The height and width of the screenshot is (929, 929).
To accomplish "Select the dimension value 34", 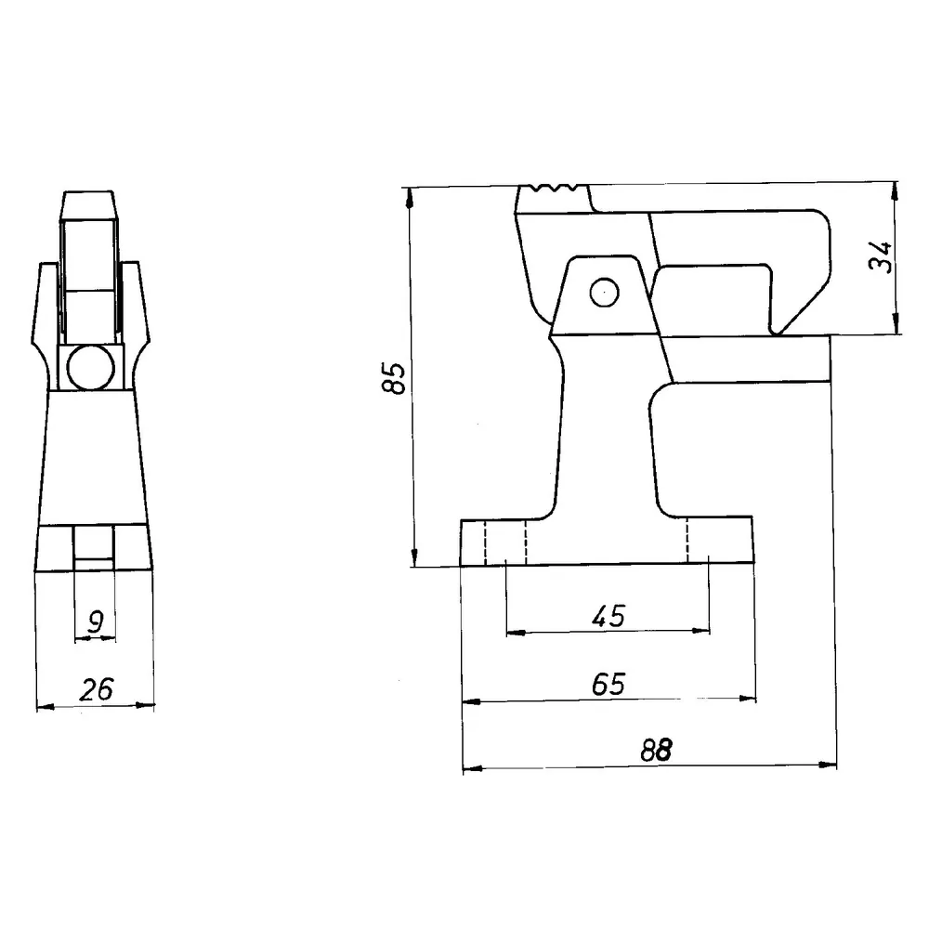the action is point(881,256).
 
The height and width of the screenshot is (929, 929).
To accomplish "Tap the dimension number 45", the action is point(608,616).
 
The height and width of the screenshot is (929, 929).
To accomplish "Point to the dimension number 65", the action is point(608,685).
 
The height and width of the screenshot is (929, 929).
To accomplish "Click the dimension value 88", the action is point(657,751).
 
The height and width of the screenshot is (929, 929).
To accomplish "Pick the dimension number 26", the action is point(97,689).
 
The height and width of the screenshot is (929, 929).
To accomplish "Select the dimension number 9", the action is point(95,622).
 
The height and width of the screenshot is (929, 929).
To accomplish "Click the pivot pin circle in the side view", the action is point(605,293).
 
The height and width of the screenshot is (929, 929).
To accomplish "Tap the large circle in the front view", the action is point(91,367).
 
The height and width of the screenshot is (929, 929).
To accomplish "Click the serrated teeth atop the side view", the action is point(555,189).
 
